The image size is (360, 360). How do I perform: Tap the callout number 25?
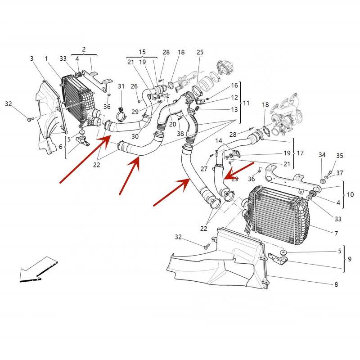pos(200,53)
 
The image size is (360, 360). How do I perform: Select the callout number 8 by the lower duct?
pos(336,285)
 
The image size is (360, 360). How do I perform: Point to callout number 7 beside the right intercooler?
pos(336,234)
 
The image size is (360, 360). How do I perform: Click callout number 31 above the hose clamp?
pos(121,86)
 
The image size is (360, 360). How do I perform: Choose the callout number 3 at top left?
pos(32,58)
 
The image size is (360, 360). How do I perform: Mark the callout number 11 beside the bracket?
pos(246,103)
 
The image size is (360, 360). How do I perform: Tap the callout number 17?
pos(300,153)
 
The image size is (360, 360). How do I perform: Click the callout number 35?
pos(339,156)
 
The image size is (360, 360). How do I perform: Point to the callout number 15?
pos(142,52)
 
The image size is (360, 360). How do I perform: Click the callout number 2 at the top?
pos(84,49)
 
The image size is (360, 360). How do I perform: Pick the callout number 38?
pos(180,134)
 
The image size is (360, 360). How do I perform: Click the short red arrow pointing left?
pos(239,171)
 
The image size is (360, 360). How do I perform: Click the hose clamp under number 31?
pos(121,116)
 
